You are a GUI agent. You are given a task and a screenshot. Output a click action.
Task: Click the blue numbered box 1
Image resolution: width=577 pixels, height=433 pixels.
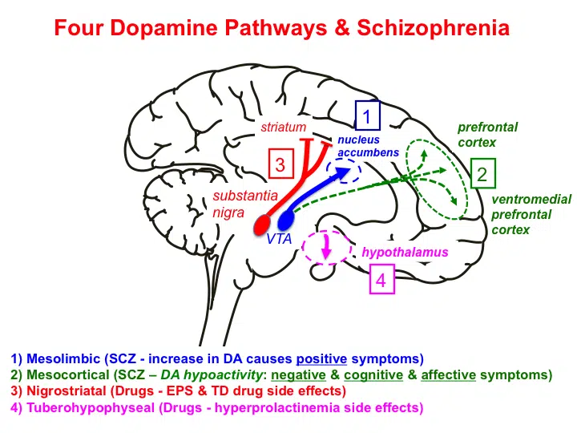[367, 118]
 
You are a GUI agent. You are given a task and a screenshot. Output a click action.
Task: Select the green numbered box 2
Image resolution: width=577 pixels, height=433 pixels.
[482, 174]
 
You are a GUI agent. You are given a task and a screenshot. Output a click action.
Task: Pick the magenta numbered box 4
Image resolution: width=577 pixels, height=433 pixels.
[381, 281]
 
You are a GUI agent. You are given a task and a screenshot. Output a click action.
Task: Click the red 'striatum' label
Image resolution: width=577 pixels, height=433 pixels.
[283, 127]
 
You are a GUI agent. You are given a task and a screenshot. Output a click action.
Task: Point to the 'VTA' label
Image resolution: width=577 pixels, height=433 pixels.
[280, 239]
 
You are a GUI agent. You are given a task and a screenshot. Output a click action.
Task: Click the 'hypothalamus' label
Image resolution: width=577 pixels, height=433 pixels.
[404, 252]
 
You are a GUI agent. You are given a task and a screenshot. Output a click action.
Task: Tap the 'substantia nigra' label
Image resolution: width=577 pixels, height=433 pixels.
[245, 204]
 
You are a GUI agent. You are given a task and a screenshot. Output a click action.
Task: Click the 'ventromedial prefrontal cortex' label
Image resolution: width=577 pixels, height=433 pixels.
[520, 214]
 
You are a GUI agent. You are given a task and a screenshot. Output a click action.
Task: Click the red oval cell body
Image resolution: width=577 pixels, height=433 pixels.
[264, 224]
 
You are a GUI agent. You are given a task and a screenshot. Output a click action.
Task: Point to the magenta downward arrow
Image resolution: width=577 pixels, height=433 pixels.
[326, 249]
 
